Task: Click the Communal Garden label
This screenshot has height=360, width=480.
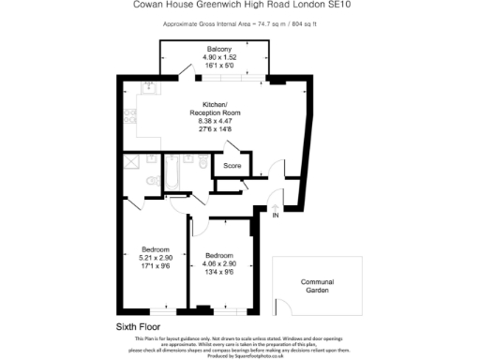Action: coord(317,286)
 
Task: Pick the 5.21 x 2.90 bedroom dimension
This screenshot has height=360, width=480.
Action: coord(155,257)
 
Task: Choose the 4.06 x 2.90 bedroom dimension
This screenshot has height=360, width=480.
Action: coord(219,263)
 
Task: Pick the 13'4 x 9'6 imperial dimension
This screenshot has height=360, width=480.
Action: coord(219,271)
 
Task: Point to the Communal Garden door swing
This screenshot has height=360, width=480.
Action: coord(279,307)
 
